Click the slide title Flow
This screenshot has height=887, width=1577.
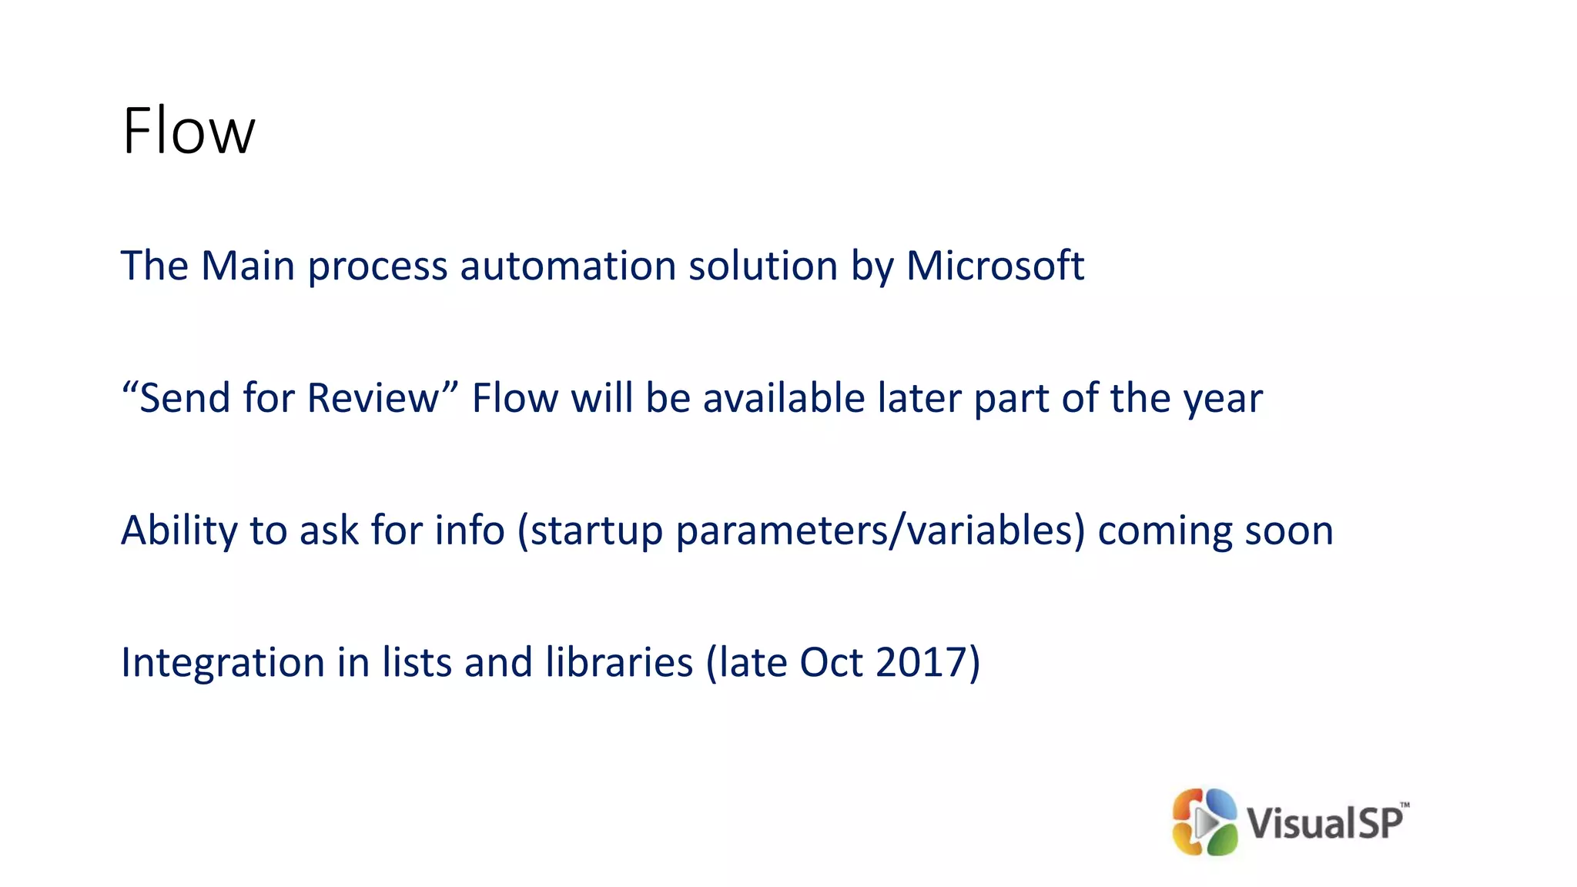(188, 131)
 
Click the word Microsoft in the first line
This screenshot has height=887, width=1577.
(995, 266)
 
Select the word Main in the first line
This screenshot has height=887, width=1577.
(248, 266)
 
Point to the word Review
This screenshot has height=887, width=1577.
(373, 398)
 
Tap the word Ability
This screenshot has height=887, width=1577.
(179, 531)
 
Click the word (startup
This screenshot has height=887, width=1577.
(590, 531)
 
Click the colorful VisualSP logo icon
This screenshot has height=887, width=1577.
(1204, 822)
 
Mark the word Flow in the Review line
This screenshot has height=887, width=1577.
(515, 398)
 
